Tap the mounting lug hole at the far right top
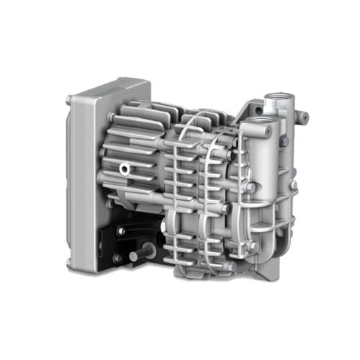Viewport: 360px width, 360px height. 305,117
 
